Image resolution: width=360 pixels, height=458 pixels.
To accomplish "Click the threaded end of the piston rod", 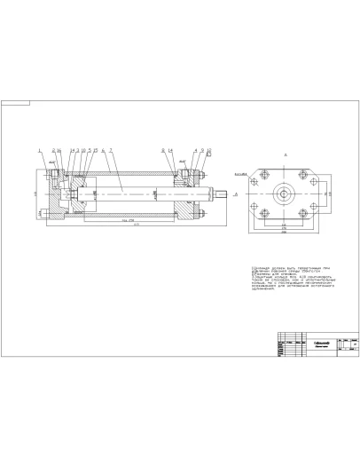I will [x=220, y=191].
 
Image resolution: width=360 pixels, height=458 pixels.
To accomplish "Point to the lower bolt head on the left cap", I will [x=43, y=212].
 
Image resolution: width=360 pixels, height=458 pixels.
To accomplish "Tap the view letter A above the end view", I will [x=286, y=154].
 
